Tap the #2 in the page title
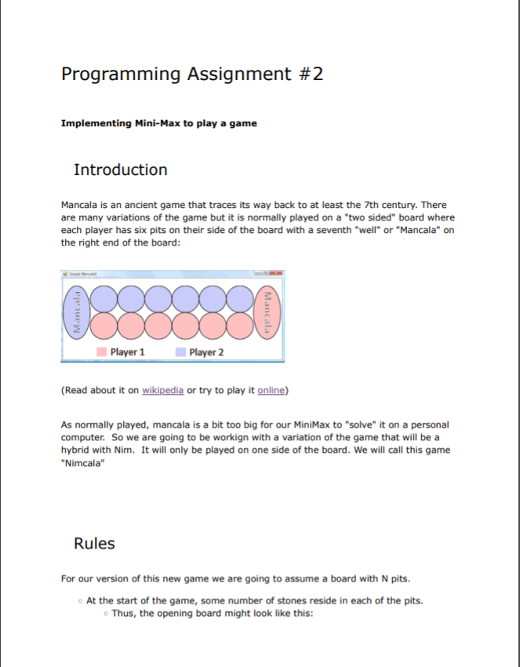click(x=307, y=75)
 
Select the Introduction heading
click(x=120, y=170)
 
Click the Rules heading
click(x=94, y=544)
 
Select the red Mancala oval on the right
click(x=268, y=312)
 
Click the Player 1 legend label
click(x=128, y=352)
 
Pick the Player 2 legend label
click(x=206, y=352)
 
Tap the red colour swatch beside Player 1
click(x=101, y=352)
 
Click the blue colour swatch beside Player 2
click(x=180, y=352)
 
